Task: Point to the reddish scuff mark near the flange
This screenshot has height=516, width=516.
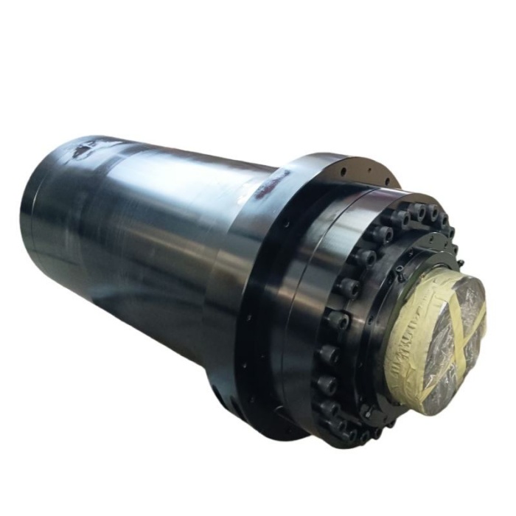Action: coord(263,193)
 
